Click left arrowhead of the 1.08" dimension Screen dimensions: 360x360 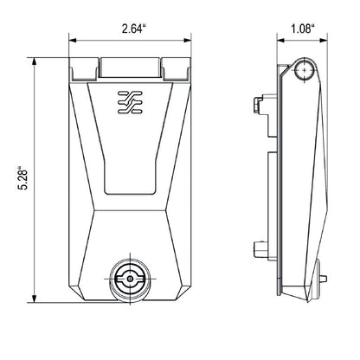point(280,40)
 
